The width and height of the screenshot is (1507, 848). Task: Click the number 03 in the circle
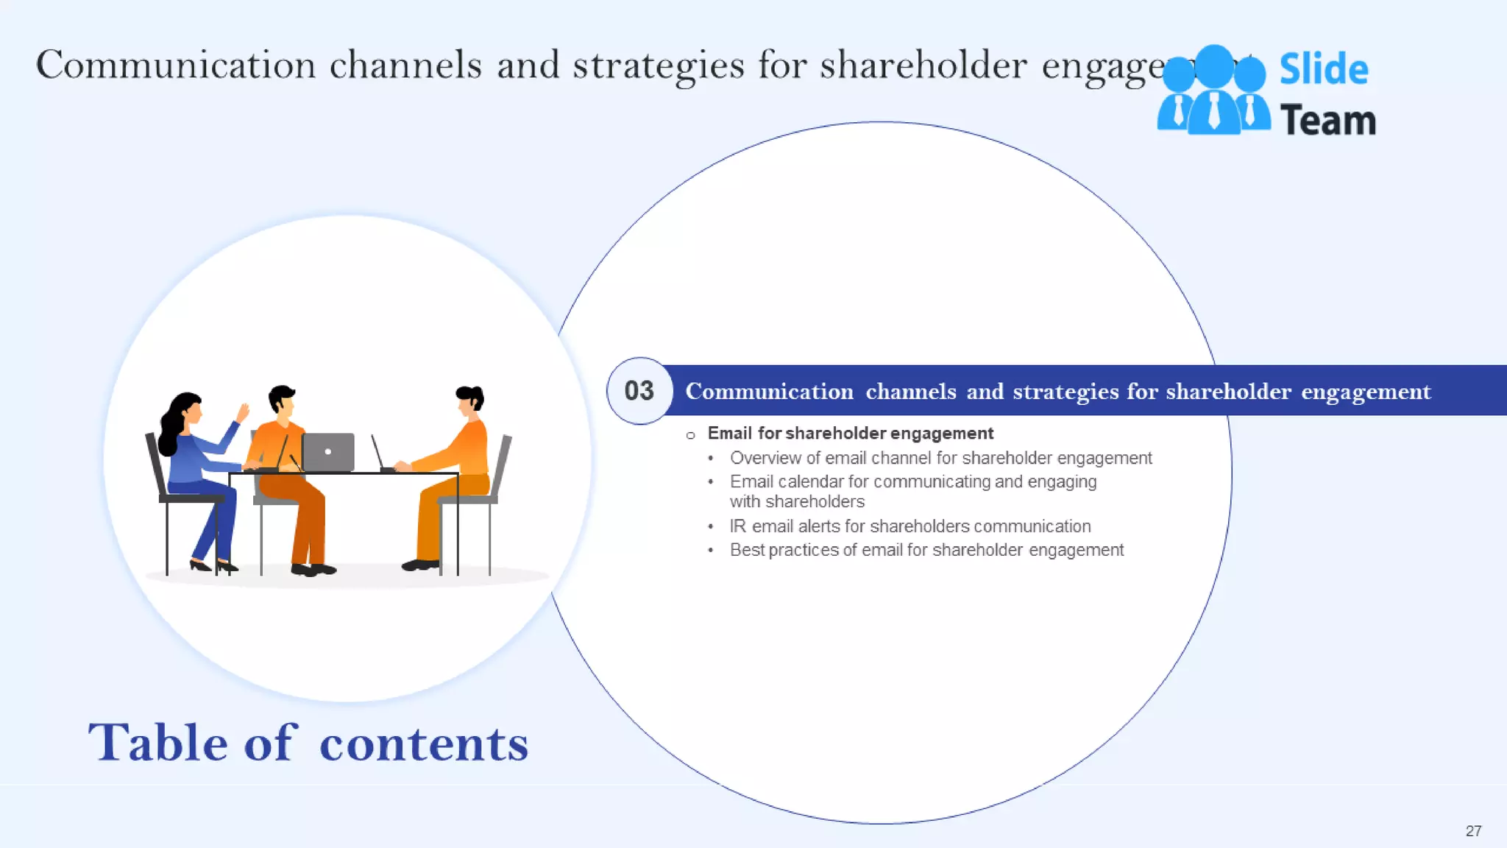pos(639,391)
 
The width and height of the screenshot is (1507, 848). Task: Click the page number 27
pos(1473,830)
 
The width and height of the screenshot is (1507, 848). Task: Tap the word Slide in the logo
pos(1323,69)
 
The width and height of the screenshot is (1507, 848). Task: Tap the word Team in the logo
pos(1327,121)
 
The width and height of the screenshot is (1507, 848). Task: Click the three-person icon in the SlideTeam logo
pos(1213,92)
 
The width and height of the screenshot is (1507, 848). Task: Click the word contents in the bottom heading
pos(424,743)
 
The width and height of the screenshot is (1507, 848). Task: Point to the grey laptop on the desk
pos(328,452)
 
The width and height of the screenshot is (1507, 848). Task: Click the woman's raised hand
pos(242,411)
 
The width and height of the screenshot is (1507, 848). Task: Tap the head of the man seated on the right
pos(469,399)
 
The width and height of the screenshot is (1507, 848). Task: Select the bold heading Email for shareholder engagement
pos(850,434)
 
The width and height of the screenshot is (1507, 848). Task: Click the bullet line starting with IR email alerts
pos(909,526)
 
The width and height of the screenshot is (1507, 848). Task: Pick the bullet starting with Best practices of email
pos(926,550)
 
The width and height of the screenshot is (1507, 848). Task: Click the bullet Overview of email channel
pos(940,458)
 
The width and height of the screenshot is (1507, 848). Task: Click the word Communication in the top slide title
pos(175,65)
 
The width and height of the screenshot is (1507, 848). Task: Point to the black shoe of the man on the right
pos(420,565)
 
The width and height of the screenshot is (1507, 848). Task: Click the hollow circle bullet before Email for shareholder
pos(690,435)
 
